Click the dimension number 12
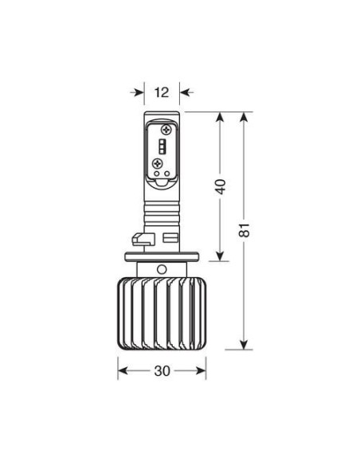click(162, 92)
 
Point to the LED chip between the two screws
click(162, 147)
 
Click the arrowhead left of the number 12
click(138, 92)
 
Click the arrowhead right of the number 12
click(186, 92)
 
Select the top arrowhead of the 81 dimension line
click(245, 118)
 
